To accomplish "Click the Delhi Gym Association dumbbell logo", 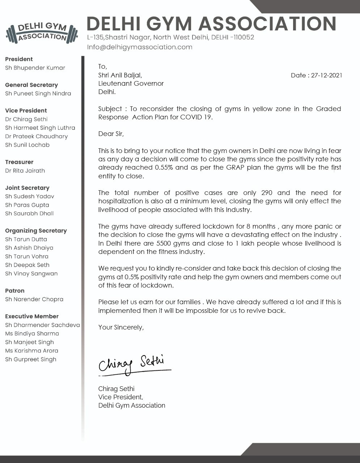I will point(42,32).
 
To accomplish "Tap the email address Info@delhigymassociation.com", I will point(140,47).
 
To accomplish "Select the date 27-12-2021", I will point(326,75).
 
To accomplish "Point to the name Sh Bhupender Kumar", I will point(35,68).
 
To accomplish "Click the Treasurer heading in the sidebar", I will point(19,162).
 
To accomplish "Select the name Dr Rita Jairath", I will point(25,171).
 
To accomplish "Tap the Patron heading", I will point(15,291).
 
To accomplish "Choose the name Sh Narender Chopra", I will point(34,299).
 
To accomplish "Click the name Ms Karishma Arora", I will point(31,351).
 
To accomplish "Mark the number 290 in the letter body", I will point(267,193).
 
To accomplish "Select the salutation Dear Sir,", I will point(111,134).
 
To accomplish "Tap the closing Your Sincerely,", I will point(121,327).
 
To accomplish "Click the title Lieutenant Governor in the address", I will point(131,84).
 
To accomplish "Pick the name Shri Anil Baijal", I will point(120,75).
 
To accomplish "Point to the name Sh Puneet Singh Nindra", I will point(38,93).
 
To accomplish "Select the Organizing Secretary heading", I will point(36,231).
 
